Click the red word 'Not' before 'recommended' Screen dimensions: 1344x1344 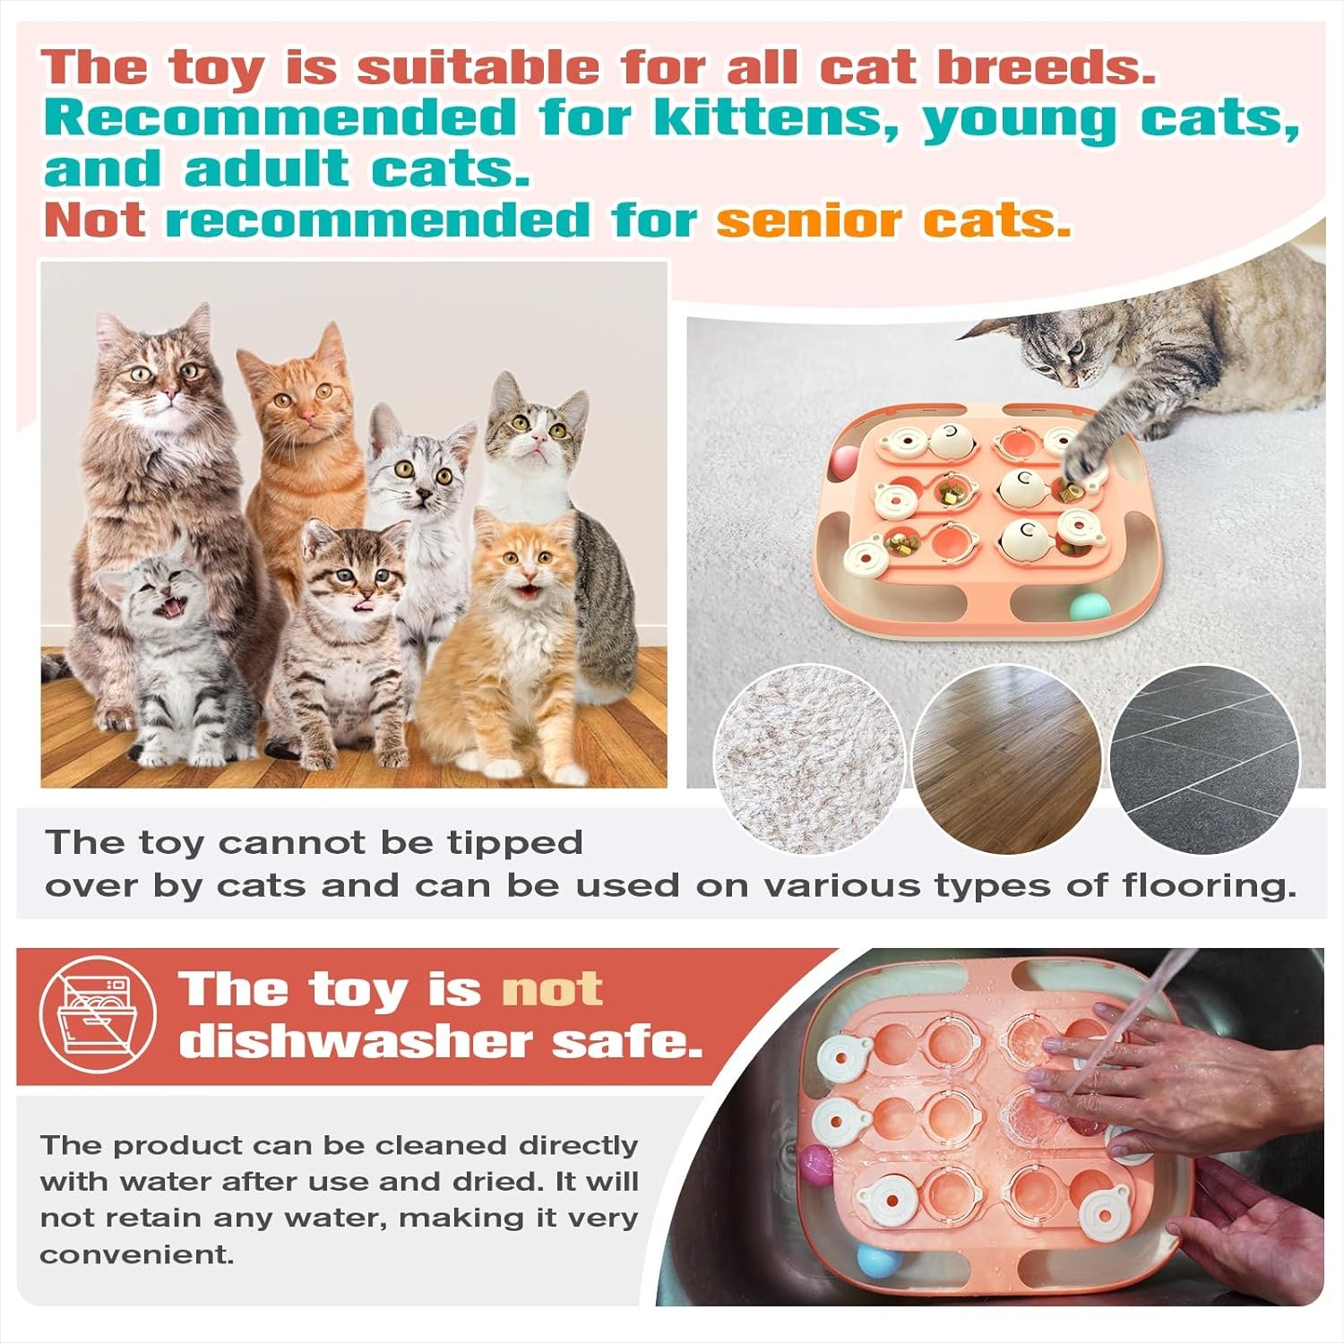click(94, 220)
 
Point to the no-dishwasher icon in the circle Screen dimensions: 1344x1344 click(99, 1014)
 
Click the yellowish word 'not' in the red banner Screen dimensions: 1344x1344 click(551, 989)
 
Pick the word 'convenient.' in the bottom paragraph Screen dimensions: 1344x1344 click(136, 1254)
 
